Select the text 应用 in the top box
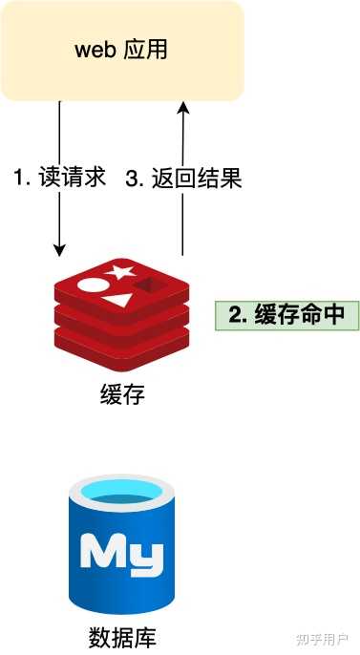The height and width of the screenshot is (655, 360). click(145, 50)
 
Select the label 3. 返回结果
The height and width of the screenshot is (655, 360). click(183, 178)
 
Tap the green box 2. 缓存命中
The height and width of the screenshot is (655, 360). click(286, 316)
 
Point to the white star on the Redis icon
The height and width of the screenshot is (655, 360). click(118, 272)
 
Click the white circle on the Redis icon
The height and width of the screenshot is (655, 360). click(89, 284)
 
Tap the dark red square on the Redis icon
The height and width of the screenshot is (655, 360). click(147, 285)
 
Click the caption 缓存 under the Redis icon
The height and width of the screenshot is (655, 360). click(121, 394)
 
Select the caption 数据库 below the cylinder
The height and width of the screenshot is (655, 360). click(121, 637)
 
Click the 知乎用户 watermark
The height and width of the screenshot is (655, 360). click(322, 637)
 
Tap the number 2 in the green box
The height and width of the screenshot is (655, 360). click(235, 316)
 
